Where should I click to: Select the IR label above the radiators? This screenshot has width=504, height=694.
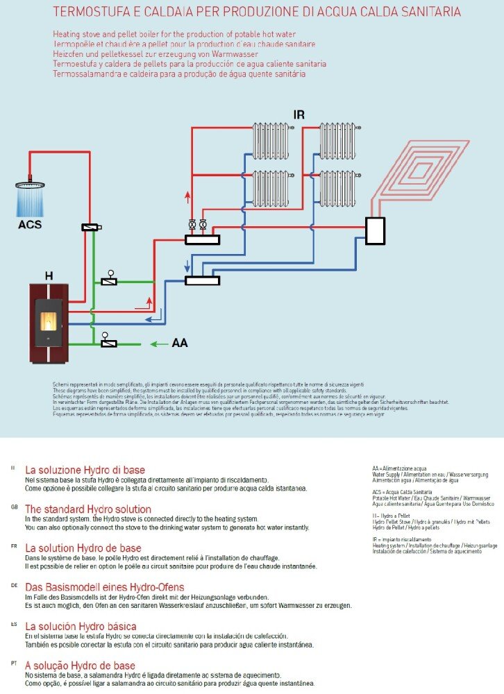(299, 115)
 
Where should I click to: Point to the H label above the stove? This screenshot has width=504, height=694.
(49, 276)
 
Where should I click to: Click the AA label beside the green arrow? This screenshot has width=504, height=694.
(179, 343)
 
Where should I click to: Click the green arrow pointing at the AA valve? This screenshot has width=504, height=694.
(160, 343)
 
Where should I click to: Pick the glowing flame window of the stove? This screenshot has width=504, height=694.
(49, 321)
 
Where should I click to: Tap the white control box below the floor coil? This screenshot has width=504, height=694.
(376, 230)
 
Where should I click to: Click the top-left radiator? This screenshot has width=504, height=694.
(270, 141)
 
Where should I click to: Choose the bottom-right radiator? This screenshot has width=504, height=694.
(337, 188)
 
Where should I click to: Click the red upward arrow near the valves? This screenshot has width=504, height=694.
(187, 197)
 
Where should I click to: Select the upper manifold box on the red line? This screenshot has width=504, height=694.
(202, 240)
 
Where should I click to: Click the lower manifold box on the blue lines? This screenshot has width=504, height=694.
(202, 280)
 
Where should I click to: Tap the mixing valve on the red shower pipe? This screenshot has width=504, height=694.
(91, 227)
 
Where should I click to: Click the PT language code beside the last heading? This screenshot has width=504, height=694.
(13, 663)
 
